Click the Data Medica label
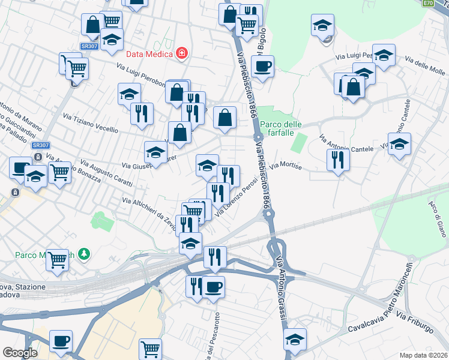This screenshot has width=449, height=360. tap(149, 53)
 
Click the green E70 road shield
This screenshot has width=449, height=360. tap(427, 3)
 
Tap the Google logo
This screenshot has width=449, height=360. tap(20, 353)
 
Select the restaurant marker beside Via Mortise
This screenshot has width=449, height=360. tap(338, 160)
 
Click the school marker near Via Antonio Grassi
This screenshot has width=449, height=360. tap(295, 339)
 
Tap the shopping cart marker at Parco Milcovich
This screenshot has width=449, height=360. tap(58, 260)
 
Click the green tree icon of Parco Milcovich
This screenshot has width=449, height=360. tap(85, 254)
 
